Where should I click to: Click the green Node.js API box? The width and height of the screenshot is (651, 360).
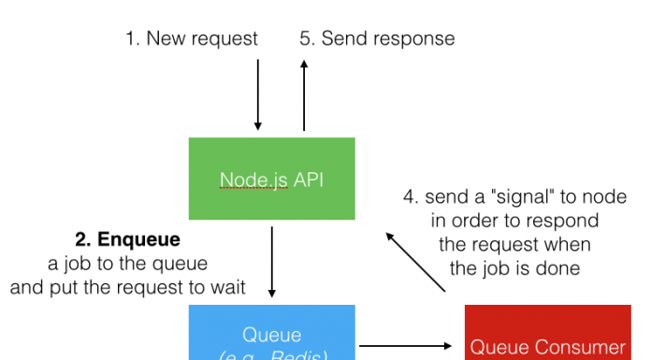tap(271, 179)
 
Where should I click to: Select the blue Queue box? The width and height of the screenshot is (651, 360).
tap(271, 335)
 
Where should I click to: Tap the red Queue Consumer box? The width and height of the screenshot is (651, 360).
tap(547, 337)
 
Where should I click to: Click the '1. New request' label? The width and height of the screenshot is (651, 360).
tap(192, 38)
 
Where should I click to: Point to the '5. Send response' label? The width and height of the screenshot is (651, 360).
tap(377, 38)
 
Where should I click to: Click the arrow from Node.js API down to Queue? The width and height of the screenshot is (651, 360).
tap(271, 261)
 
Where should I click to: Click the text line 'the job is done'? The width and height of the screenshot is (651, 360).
tap(515, 267)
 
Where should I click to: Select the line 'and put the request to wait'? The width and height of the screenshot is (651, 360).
tap(128, 287)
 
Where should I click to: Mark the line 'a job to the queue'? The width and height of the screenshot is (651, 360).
tap(128, 264)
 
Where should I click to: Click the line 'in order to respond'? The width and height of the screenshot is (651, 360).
tap(515, 221)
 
